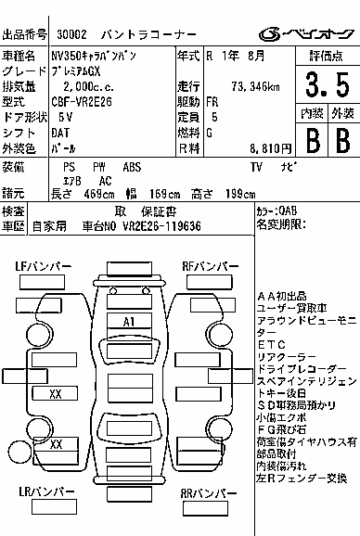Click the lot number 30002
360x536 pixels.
tap(71, 34)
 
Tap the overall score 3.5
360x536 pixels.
tap(328, 84)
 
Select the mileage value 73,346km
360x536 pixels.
tap(255, 86)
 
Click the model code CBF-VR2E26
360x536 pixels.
tap(82, 102)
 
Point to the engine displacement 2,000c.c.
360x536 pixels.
tap(88, 86)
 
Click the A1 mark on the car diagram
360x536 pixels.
tap(129, 322)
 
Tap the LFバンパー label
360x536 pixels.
tap(44, 267)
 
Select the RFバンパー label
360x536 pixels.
tap(211, 267)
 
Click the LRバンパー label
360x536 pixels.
tap(46, 491)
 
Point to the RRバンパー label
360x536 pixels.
tap(209, 493)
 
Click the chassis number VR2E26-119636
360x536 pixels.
tap(161, 226)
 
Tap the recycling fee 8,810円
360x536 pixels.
tap(270, 148)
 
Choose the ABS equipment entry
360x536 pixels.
tap(132, 167)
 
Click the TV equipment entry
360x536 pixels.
tap(256, 167)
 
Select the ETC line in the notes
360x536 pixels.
tap(272, 345)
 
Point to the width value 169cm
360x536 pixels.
tap(165, 194)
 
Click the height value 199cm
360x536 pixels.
tap(240, 194)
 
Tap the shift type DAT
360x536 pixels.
tap(60, 133)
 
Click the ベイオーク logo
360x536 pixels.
tap(307, 34)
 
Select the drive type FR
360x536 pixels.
tap(212, 102)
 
